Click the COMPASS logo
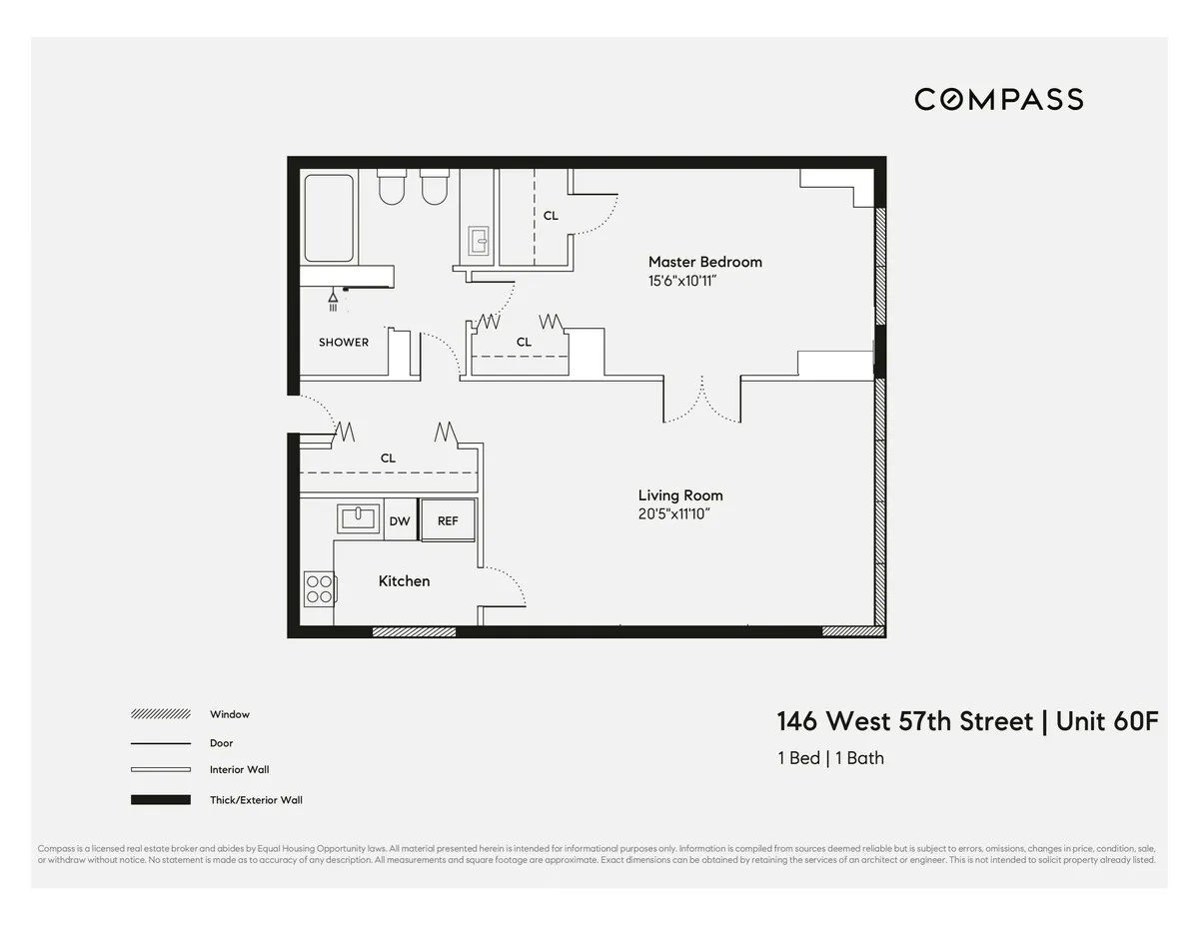[x=998, y=99]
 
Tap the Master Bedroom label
[x=704, y=262]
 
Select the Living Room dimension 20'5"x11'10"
[x=679, y=514]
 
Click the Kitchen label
[x=404, y=580]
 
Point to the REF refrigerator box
[x=448, y=520]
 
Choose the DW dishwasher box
[x=400, y=520]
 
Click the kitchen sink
[x=357, y=517]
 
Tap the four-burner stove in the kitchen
[x=319, y=588]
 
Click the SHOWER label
[x=344, y=342]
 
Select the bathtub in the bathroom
[x=329, y=218]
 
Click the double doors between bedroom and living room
[x=702, y=400]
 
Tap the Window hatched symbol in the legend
[x=160, y=714]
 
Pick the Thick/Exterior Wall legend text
[x=256, y=800]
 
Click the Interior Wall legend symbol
[x=160, y=770]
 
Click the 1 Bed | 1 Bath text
[x=830, y=758]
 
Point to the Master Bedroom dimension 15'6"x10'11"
[x=682, y=282]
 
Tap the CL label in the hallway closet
[x=388, y=458]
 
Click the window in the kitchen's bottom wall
[x=414, y=631]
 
